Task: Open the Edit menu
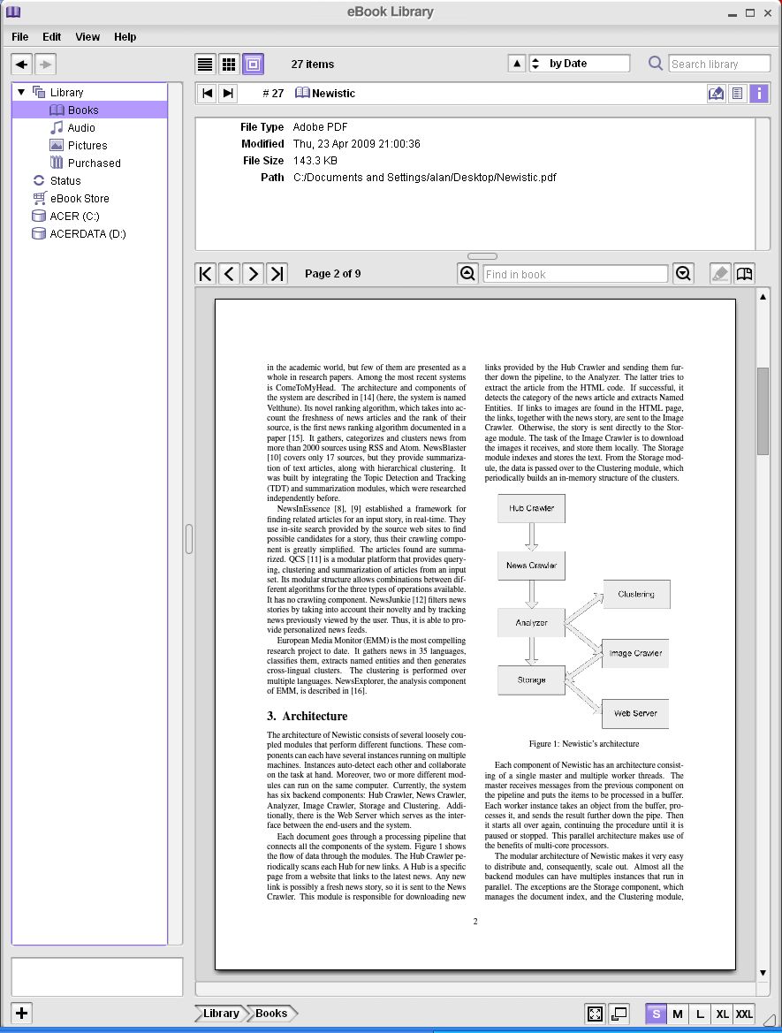[x=52, y=37]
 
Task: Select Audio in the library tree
[x=80, y=127]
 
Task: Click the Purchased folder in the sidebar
[x=94, y=163]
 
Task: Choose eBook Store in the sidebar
[x=80, y=198]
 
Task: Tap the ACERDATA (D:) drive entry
[x=87, y=233]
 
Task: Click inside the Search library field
[x=718, y=64]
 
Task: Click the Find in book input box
[x=574, y=274]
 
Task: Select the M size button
[x=678, y=1014]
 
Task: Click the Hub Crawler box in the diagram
[x=531, y=508]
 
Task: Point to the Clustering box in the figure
[x=636, y=594]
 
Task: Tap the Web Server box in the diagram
[x=635, y=713]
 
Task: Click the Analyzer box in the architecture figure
[x=531, y=623]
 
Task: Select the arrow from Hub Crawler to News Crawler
[x=531, y=536]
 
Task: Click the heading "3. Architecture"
[x=307, y=716]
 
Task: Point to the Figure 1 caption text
[x=583, y=744]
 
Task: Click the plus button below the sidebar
[x=21, y=1014]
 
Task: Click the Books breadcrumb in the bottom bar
[x=271, y=1014]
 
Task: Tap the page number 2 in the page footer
[x=475, y=922]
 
